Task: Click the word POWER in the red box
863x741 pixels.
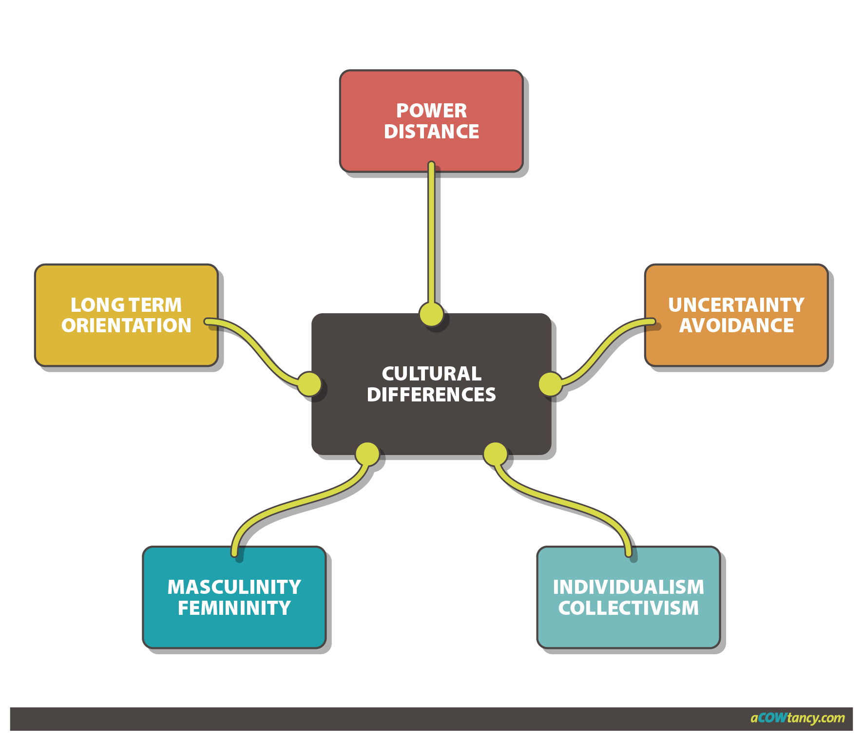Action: point(431,111)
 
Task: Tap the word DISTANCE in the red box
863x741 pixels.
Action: point(431,132)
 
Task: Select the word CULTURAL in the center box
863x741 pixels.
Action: point(431,374)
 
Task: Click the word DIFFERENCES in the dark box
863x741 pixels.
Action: point(431,395)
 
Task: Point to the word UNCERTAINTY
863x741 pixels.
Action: point(736,305)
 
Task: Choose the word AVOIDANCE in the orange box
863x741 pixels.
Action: point(736,325)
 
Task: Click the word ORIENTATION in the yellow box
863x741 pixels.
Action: point(126,325)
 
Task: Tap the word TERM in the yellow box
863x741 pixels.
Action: point(155,305)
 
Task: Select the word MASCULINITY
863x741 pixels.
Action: point(234,588)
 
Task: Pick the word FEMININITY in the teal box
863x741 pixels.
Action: point(234,608)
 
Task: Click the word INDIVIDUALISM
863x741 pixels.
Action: point(628,588)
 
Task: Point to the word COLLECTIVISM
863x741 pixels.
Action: point(628,608)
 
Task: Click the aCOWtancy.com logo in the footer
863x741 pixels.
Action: point(797,718)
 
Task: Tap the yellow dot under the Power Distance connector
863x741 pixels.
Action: point(431,314)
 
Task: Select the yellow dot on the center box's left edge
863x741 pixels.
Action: point(309,384)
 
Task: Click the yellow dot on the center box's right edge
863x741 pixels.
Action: point(551,384)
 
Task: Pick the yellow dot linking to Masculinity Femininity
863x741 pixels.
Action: point(367,454)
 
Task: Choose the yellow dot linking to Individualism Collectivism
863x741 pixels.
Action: point(495,454)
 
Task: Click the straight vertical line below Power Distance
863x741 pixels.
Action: point(431,234)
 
